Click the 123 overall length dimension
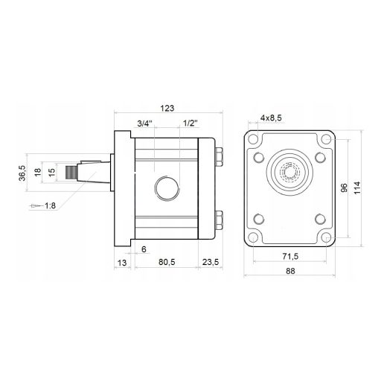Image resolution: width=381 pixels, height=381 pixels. click(x=167, y=109)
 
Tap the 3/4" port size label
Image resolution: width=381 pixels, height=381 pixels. click(x=144, y=124)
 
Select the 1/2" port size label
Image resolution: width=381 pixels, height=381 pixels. click(x=190, y=124)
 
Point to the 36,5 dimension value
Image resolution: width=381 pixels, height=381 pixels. click(x=22, y=173)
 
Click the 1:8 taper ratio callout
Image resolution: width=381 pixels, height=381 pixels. click(x=50, y=205)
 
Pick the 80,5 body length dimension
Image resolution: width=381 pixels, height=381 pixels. click(x=167, y=262)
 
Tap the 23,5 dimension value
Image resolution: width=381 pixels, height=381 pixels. click(x=211, y=262)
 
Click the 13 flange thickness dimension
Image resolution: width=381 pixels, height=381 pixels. click(x=122, y=263)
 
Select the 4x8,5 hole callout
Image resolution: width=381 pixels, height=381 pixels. click(x=271, y=118)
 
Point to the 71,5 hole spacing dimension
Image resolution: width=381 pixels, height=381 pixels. click(x=290, y=256)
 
